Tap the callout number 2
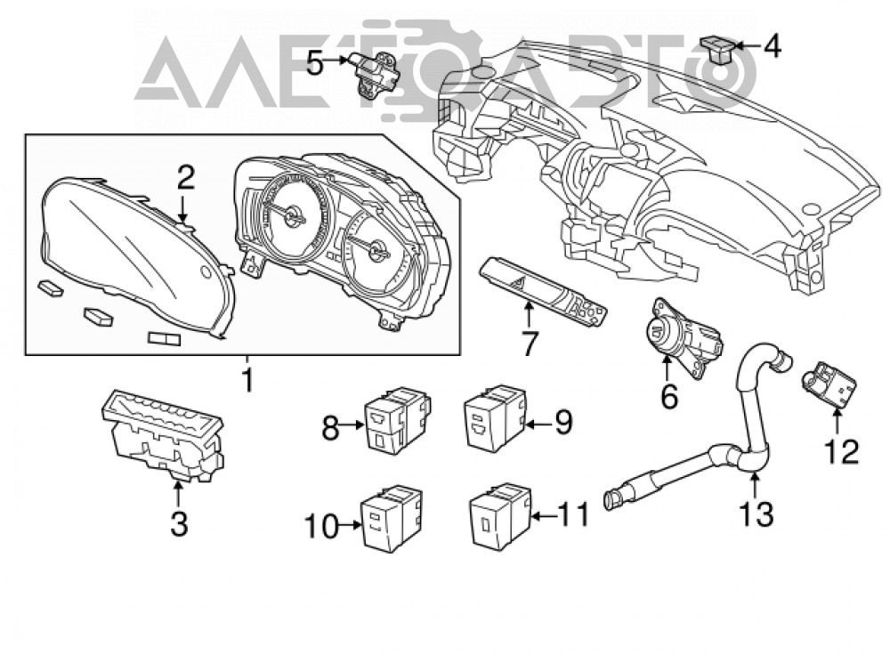[184, 178]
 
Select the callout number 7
[528, 344]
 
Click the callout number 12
[841, 452]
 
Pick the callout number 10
[321, 526]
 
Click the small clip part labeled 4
[717, 50]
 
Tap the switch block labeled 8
[397, 419]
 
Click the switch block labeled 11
[499, 514]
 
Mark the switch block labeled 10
[392, 517]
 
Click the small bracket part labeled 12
[828, 384]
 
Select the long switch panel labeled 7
[543, 292]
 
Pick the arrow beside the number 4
[748, 44]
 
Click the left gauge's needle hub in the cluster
[295, 215]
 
